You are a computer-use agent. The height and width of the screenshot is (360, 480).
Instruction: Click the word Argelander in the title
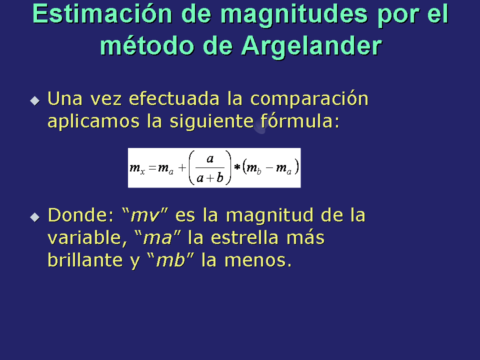pyautogui.click(x=311, y=46)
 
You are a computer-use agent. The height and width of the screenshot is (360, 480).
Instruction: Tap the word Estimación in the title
pyautogui.click(x=102, y=14)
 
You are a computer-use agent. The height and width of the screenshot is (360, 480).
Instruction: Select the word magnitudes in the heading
pyautogui.click(x=294, y=15)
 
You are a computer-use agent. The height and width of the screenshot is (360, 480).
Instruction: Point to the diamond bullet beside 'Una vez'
pyautogui.click(x=35, y=100)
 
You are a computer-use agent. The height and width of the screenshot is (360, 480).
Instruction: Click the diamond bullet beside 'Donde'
pyautogui.click(x=35, y=217)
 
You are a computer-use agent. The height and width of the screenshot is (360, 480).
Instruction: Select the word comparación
pyautogui.click(x=309, y=99)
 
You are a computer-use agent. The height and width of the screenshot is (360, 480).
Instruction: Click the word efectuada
pyautogui.click(x=174, y=98)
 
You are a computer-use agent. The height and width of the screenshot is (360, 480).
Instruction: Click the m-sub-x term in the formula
pyautogui.click(x=137, y=168)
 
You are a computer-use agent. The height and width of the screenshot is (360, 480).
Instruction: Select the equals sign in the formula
pyautogui.click(x=152, y=168)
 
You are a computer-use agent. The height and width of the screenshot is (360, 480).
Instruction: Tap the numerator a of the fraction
pyautogui.click(x=210, y=158)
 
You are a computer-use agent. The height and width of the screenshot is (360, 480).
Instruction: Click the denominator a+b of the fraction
pyautogui.click(x=210, y=177)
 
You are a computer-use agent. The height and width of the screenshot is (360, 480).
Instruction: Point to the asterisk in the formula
pyautogui.click(x=237, y=167)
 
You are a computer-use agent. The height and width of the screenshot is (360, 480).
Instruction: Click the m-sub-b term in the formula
pyautogui.click(x=254, y=168)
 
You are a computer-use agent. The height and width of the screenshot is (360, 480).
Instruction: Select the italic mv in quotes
pyautogui.click(x=145, y=215)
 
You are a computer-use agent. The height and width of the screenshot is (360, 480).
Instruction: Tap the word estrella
pyautogui.click(x=244, y=237)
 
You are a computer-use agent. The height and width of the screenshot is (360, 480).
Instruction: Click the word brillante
pyautogui.click(x=85, y=260)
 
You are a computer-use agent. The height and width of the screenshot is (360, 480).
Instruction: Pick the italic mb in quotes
pyautogui.click(x=170, y=260)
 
